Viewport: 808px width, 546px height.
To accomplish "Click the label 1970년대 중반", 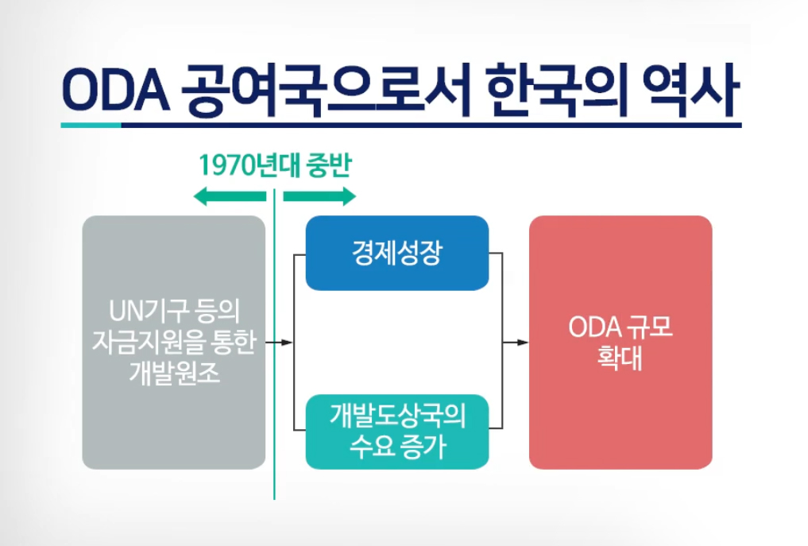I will click(x=274, y=166).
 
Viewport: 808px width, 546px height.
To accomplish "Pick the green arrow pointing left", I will click(x=230, y=196).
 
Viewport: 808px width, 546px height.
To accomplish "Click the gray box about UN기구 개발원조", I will click(x=174, y=342).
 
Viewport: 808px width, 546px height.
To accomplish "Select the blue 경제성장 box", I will click(x=397, y=253).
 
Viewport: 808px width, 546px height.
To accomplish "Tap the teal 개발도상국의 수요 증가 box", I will click(x=397, y=432).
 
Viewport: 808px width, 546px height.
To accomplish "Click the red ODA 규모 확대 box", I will click(x=620, y=342).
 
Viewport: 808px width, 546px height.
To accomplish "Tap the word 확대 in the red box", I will click(x=620, y=358).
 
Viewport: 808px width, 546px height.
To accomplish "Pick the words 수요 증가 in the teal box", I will click(x=397, y=447).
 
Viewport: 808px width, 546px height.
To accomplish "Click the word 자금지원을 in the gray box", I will click(x=151, y=342).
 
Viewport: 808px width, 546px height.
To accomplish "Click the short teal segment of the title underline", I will click(x=91, y=125).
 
